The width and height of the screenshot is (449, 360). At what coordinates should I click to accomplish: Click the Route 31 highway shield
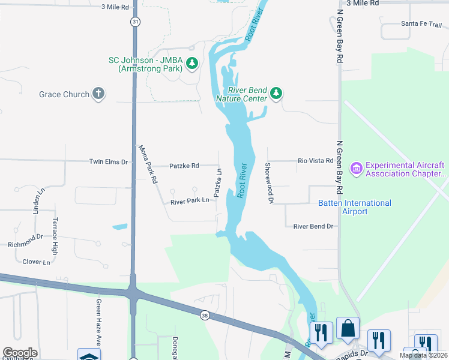[136, 22]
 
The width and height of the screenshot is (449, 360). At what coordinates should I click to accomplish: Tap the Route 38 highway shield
[205, 315]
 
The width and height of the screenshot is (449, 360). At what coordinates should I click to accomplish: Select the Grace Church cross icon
[98, 94]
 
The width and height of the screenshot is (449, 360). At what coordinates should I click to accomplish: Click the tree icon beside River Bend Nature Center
[276, 93]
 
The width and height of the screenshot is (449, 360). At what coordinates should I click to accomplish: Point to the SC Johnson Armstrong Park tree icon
[192, 63]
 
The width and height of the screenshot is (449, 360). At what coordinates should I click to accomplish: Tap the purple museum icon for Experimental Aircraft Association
[357, 169]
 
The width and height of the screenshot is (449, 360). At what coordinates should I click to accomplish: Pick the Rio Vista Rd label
[316, 161]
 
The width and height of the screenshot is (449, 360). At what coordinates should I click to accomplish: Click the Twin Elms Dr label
[109, 162]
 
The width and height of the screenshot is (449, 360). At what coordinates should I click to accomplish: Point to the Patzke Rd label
[184, 166]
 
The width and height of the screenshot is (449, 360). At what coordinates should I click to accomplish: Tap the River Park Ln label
[190, 201]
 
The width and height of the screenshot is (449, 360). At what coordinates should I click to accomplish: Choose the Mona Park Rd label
[147, 164]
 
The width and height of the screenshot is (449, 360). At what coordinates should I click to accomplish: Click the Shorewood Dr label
[269, 183]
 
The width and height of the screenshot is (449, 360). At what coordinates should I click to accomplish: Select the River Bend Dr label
[313, 226]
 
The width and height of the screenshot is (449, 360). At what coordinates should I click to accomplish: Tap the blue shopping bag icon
[348, 328]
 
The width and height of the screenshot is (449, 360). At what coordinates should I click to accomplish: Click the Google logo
[19, 353]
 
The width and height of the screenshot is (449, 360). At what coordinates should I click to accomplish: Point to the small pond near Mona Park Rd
[119, 227]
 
